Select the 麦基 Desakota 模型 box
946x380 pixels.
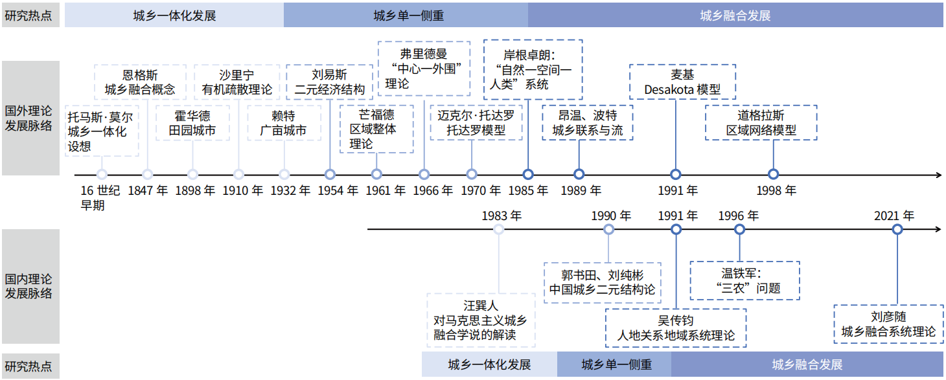(682, 82)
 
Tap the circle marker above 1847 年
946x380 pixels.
(148, 174)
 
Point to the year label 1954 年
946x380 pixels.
(338, 191)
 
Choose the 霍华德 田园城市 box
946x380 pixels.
(192, 123)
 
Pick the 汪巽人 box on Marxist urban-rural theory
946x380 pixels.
(481, 320)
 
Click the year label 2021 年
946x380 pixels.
(894, 216)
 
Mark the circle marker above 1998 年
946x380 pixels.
(773, 174)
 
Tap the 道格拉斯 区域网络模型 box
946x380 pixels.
(761, 123)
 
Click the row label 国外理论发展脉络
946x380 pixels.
(29, 118)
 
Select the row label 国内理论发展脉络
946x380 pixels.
(29, 286)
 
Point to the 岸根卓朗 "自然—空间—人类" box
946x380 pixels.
(533, 70)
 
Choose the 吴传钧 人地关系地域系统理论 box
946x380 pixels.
(676, 328)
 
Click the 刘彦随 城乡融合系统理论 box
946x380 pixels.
(888, 324)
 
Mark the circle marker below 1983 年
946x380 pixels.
(498, 229)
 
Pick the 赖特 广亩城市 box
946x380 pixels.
(283, 123)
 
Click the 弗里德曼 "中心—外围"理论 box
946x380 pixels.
(424, 69)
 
